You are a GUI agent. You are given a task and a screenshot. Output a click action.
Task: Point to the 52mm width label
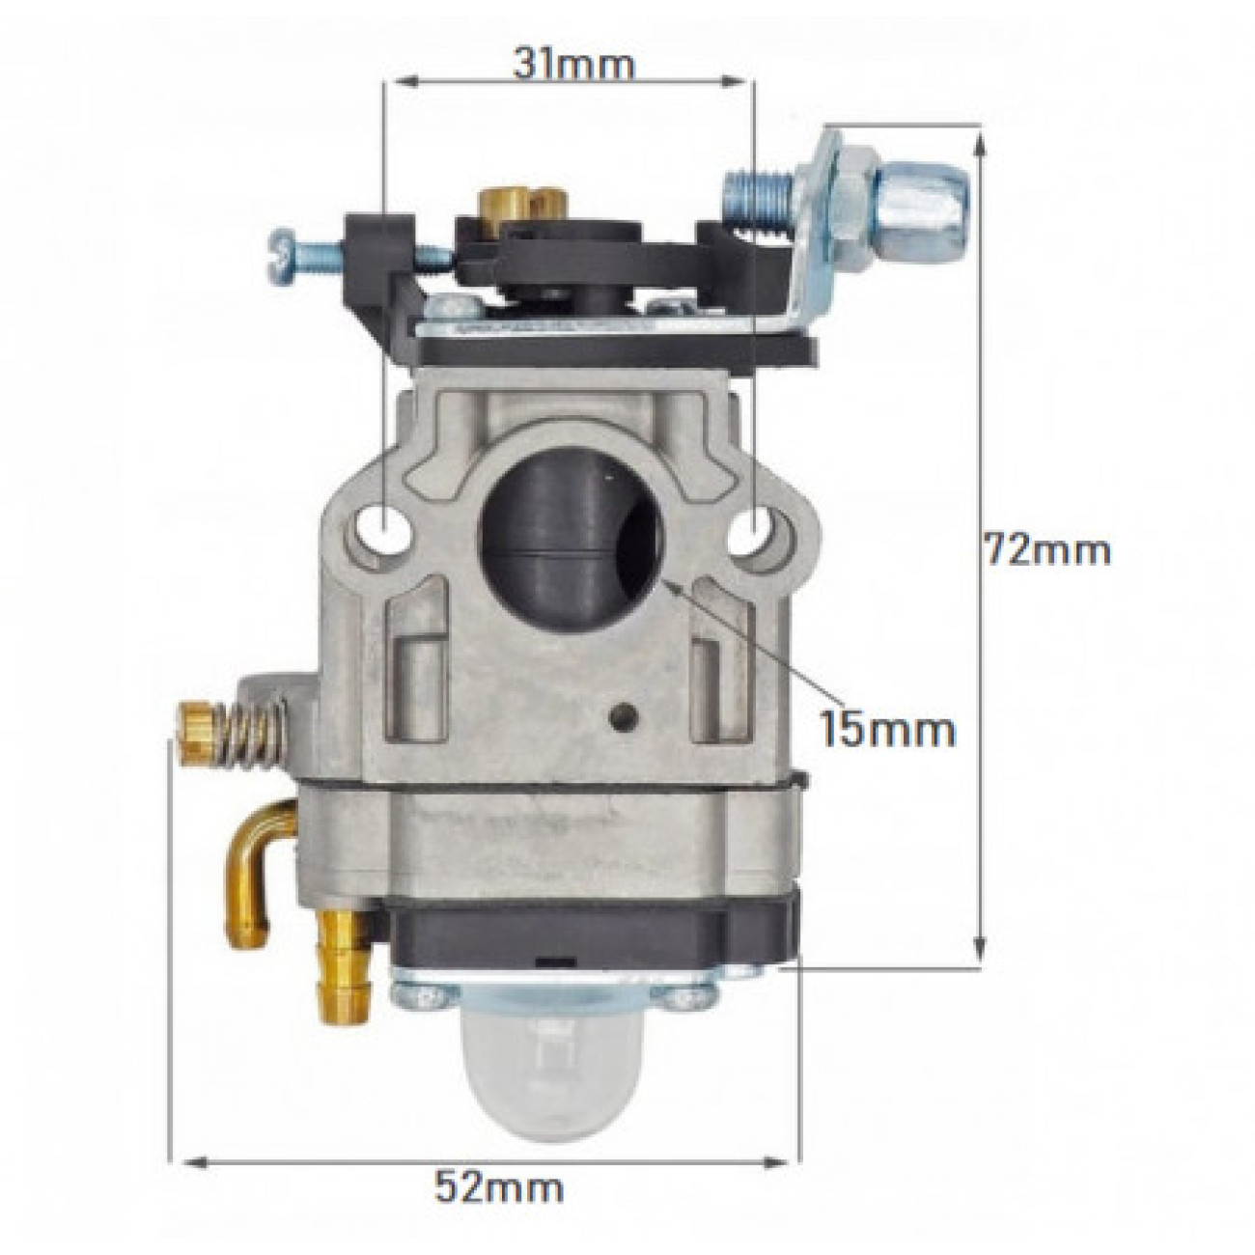coord(498,1185)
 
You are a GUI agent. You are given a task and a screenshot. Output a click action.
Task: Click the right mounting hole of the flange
coord(760,528)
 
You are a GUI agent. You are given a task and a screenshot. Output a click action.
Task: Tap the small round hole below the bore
coord(625,715)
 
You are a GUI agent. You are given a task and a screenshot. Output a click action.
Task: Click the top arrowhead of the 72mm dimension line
coord(981,141)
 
